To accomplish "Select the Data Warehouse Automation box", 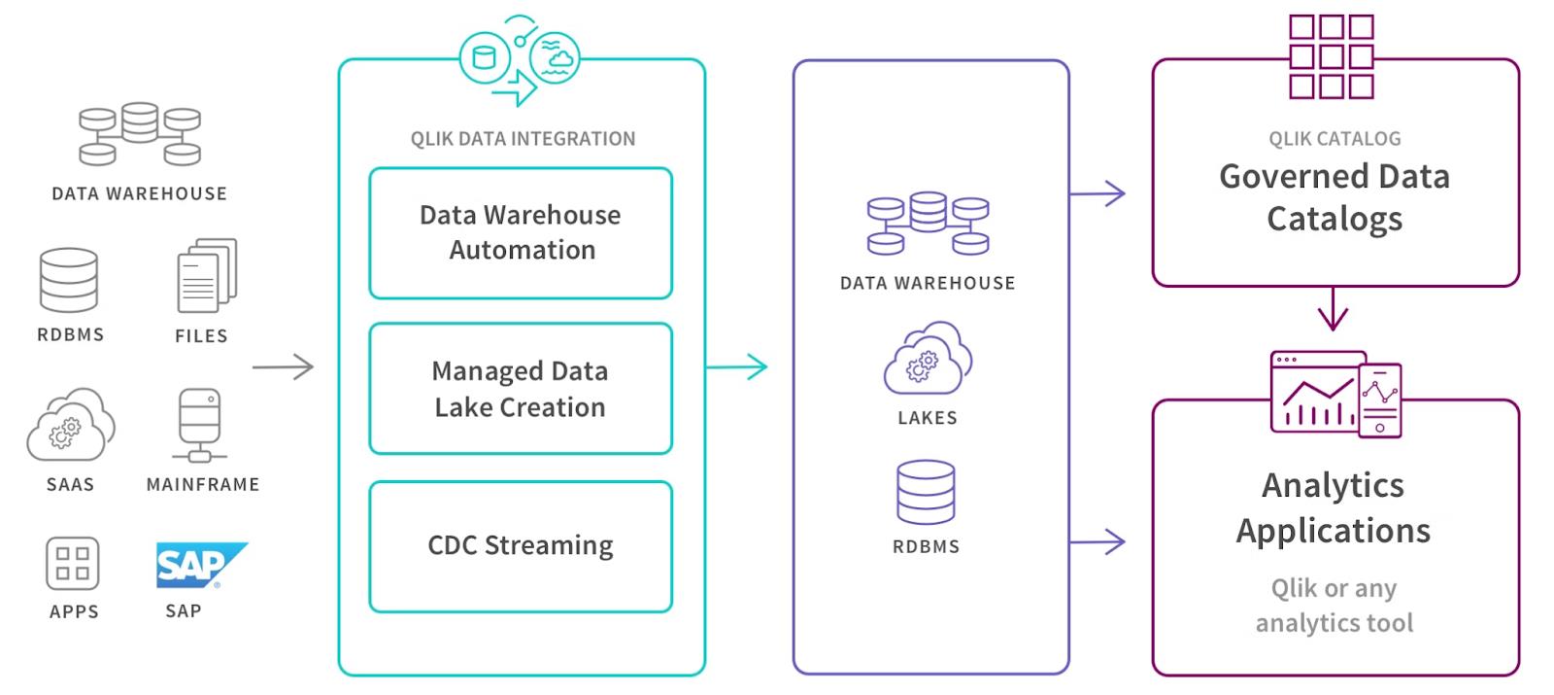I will point(521,233).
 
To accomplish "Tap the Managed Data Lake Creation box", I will point(521,389).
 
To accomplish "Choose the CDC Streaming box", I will point(521,546).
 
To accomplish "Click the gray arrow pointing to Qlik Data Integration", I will point(283,367).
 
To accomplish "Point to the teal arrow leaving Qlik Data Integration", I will point(736,367).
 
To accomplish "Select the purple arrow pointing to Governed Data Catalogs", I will point(1098,193).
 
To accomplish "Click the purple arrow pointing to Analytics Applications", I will point(1098,541).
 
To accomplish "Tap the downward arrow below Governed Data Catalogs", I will point(1333,309).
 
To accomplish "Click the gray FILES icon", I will point(206,276).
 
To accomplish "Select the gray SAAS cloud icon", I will point(70,425).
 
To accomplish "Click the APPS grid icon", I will point(73,564).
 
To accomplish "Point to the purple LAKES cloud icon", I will point(928,359).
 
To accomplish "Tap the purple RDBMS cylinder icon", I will point(926,492).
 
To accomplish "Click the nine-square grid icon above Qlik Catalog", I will point(1331,56).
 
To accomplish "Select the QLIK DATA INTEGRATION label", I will point(523,139).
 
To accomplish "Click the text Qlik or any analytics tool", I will point(1334,606).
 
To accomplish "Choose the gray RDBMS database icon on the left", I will point(69,280).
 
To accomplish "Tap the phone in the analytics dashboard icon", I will point(1380,400).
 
